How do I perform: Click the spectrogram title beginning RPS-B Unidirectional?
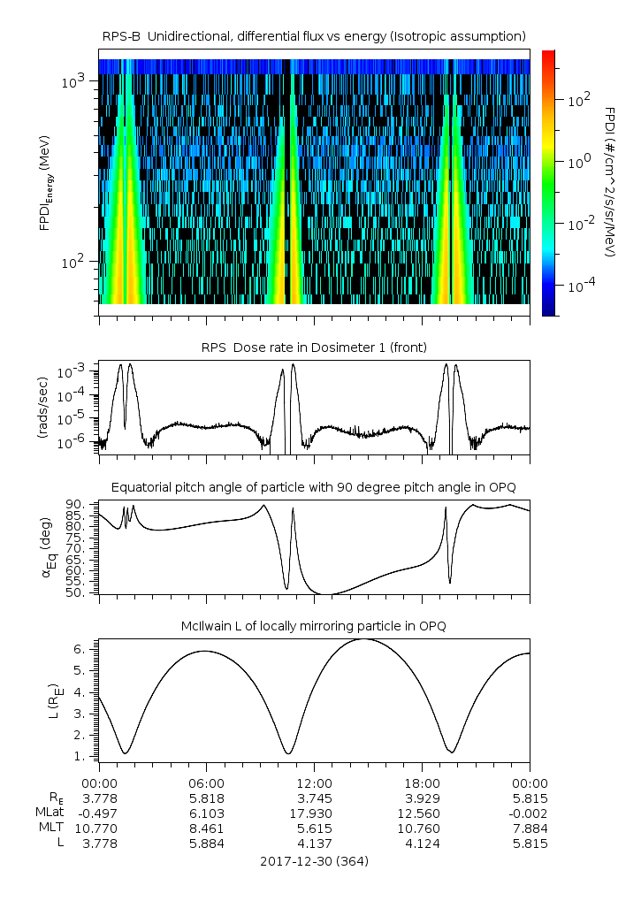click(314, 36)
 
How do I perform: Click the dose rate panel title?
click(314, 347)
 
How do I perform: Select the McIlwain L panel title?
click(314, 626)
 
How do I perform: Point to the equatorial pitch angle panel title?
click(314, 487)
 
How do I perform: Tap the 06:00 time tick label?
click(206, 783)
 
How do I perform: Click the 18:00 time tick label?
click(422, 783)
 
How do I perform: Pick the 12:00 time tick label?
click(314, 783)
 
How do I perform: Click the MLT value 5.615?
click(314, 828)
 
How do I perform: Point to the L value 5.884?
click(206, 844)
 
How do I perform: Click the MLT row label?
click(46, 828)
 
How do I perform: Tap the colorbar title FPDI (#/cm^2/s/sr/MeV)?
click(611, 182)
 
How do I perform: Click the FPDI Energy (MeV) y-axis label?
click(44, 182)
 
